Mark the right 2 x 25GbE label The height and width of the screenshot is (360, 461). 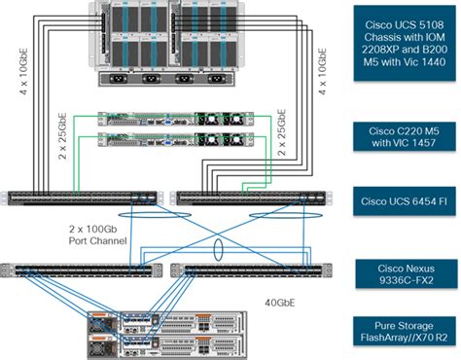click(283, 134)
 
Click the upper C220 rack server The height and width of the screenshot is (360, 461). click(169, 119)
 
